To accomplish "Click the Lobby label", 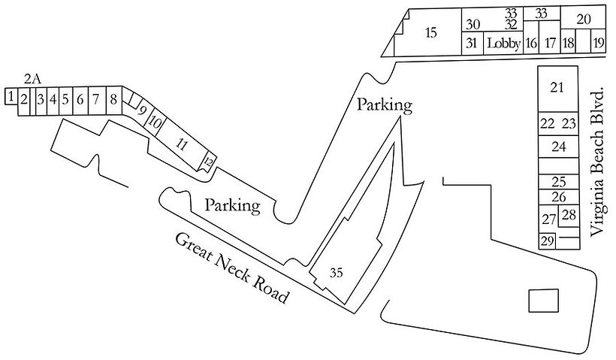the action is (503, 43).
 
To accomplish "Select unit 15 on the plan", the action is (430, 32).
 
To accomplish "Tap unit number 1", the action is (11, 97).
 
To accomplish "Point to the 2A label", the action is (32, 77).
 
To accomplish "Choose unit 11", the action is (180, 141).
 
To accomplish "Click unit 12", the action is (210, 160).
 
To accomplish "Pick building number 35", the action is (336, 274).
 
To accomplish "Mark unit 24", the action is (557, 145).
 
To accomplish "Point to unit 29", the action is (547, 241).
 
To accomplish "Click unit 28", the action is (569, 215).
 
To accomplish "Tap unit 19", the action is (598, 43).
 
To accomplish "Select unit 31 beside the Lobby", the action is (471, 43).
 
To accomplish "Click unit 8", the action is (113, 98).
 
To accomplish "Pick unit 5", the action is (65, 98).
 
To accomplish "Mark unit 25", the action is (558, 181).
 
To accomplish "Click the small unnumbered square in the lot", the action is (543, 300).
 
